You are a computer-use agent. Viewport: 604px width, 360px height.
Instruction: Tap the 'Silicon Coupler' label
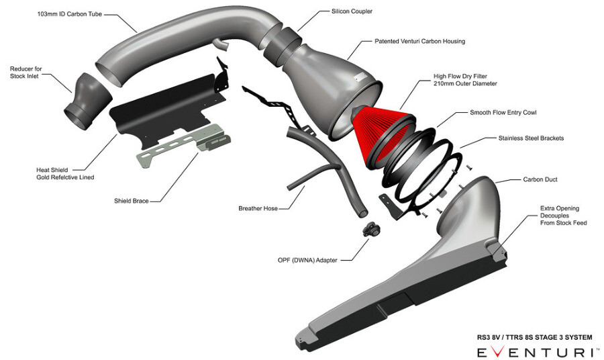(x=353, y=11)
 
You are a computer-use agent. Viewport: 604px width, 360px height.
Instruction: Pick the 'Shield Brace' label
(x=132, y=200)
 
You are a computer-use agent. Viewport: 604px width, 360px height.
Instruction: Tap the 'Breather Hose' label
(x=258, y=208)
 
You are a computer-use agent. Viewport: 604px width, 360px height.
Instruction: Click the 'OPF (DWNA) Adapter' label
(x=307, y=259)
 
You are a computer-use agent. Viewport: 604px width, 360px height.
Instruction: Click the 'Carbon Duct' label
(x=540, y=180)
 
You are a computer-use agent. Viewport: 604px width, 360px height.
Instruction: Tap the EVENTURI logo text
(x=534, y=351)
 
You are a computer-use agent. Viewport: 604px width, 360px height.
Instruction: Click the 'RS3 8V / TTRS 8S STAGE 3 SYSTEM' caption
(x=530, y=337)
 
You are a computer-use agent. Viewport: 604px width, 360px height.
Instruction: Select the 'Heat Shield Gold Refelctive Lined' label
(x=65, y=173)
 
